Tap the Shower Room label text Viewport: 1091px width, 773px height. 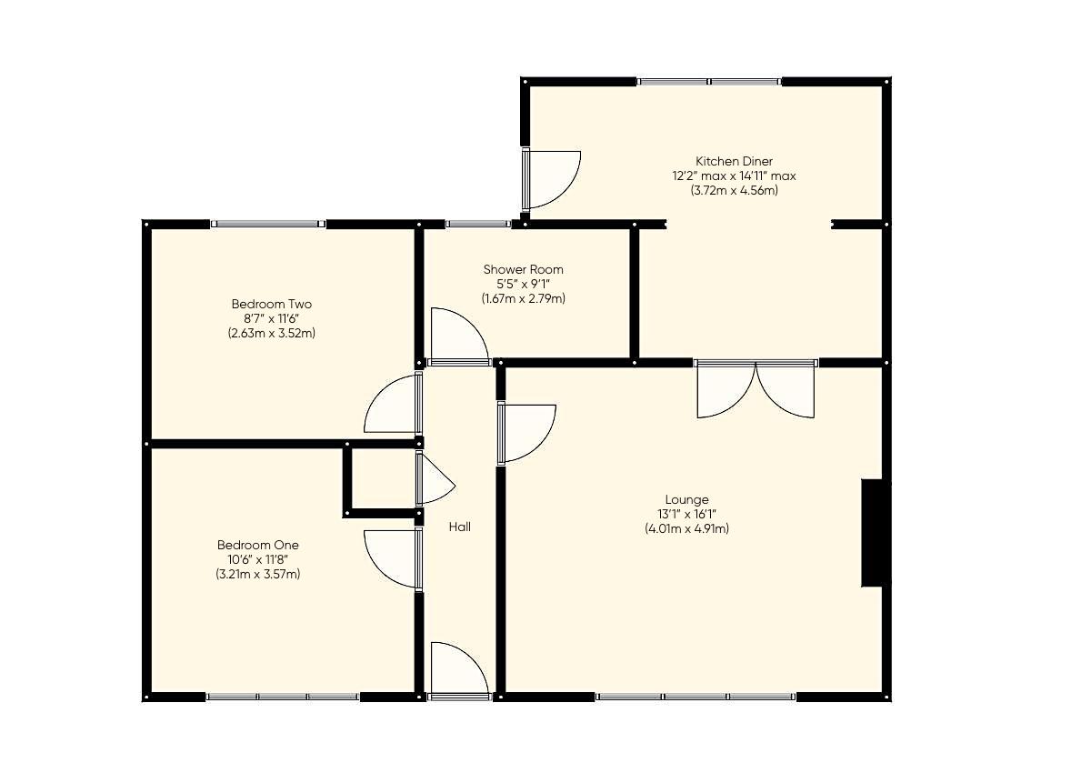523,269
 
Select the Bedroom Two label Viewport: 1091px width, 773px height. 271,304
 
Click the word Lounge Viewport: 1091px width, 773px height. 686,499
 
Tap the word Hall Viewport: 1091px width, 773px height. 459,527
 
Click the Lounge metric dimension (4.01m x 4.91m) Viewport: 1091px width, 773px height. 686,528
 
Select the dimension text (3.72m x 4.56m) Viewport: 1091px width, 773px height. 734,191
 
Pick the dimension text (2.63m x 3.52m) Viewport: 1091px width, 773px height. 271,333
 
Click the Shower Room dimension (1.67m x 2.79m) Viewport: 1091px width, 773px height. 523,298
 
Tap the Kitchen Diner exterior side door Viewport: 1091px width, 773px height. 551,179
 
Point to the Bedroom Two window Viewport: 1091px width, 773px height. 267,224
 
